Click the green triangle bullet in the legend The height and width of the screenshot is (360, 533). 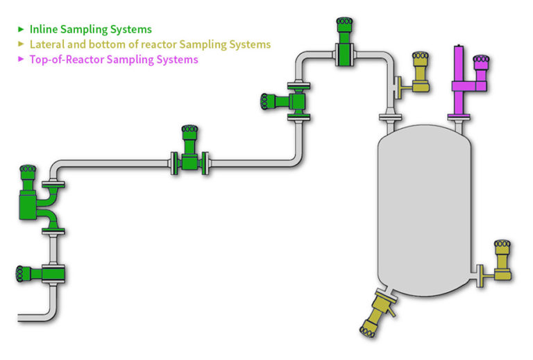pos(22,29)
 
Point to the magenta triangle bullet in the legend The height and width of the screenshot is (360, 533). pos(22,60)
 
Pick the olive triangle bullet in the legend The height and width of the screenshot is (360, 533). pos(22,44)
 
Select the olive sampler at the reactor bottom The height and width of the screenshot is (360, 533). pos(378,313)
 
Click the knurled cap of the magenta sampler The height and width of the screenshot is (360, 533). pos(481,63)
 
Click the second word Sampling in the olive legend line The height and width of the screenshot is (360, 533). pos(201,44)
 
